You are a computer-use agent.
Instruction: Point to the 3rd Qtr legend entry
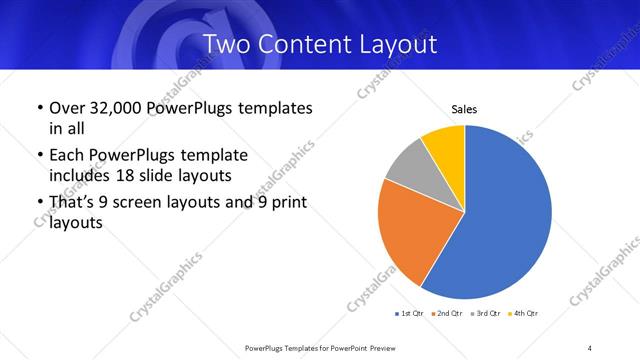coord(484,314)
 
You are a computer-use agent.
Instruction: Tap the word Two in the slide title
coord(227,44)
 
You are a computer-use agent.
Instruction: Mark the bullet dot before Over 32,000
coord(39,108)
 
